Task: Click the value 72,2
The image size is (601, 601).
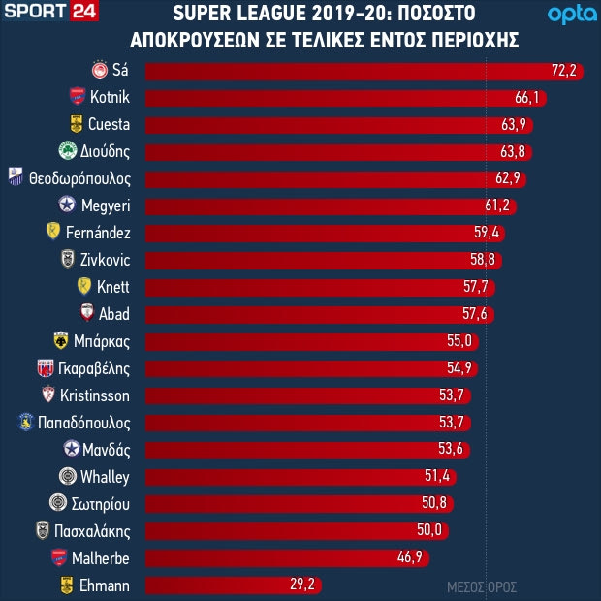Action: pos(563,70)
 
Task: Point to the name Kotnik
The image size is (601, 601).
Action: pos(110,97)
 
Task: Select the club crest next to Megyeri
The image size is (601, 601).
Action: pos(67,206)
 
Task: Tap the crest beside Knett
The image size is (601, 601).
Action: pos(84,287)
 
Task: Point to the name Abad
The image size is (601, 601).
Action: pos(114,314)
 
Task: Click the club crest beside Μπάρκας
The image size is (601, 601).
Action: pos(62,341)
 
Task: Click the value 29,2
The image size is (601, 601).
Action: pos(304,585)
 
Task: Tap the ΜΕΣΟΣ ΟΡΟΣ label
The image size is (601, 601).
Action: pos(482,587)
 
